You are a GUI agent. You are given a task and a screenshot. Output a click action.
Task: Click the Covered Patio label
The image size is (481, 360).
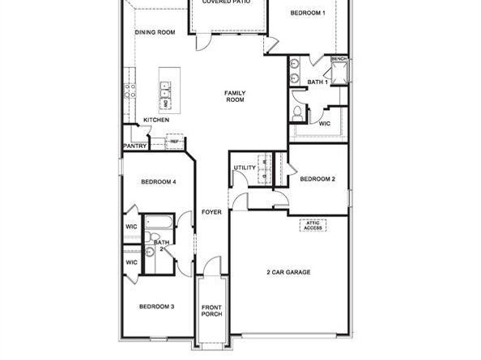coord(226,2)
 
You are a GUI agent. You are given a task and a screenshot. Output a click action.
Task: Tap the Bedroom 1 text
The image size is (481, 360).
coord(308,13)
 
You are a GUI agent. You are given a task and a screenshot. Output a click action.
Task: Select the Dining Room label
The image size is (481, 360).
coord(155,32)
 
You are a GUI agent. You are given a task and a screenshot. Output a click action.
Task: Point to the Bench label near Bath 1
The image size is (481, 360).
coord(338,59)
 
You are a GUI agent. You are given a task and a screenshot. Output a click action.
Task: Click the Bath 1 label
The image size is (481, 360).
coord(317,82)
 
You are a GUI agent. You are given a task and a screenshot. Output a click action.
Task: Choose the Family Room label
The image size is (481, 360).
coord(235,96)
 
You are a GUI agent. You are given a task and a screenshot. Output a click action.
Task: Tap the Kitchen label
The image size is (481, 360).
coord(156,120)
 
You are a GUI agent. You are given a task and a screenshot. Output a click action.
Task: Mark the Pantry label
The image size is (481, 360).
coord(134,146)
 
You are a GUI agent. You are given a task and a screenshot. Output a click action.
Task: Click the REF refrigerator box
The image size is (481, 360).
coord(173,142)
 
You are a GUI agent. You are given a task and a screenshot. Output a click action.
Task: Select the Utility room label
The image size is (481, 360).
coord(245,167)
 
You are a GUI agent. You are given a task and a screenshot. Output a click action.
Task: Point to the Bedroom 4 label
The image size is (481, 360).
coord(158,182)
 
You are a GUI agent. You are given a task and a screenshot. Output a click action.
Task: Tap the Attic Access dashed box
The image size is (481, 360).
coord(313,226)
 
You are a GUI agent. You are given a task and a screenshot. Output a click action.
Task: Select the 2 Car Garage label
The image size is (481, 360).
coord(288,273)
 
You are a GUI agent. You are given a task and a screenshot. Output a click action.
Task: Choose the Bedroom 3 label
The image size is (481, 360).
coord(156,307)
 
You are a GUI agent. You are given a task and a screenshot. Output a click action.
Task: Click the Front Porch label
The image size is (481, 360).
coord(211,310)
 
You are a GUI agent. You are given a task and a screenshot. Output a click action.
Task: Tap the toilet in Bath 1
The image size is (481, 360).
coord(297,111)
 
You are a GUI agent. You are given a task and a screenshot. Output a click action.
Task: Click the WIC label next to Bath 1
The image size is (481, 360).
coord(324,124)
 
